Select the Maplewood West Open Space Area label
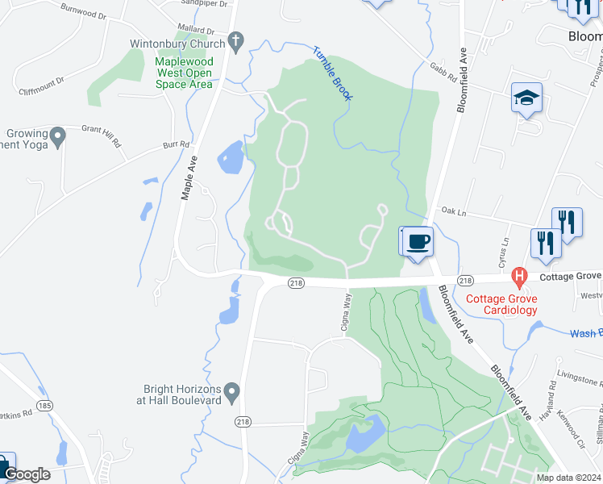coord(184,73)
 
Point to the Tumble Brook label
coord(333,73)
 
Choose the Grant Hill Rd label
coord(100,136)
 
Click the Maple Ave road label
coord(189,179)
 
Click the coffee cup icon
coord(418,241)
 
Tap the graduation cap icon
coord(526,99)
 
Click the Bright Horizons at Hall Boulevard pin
coord(233,393)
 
